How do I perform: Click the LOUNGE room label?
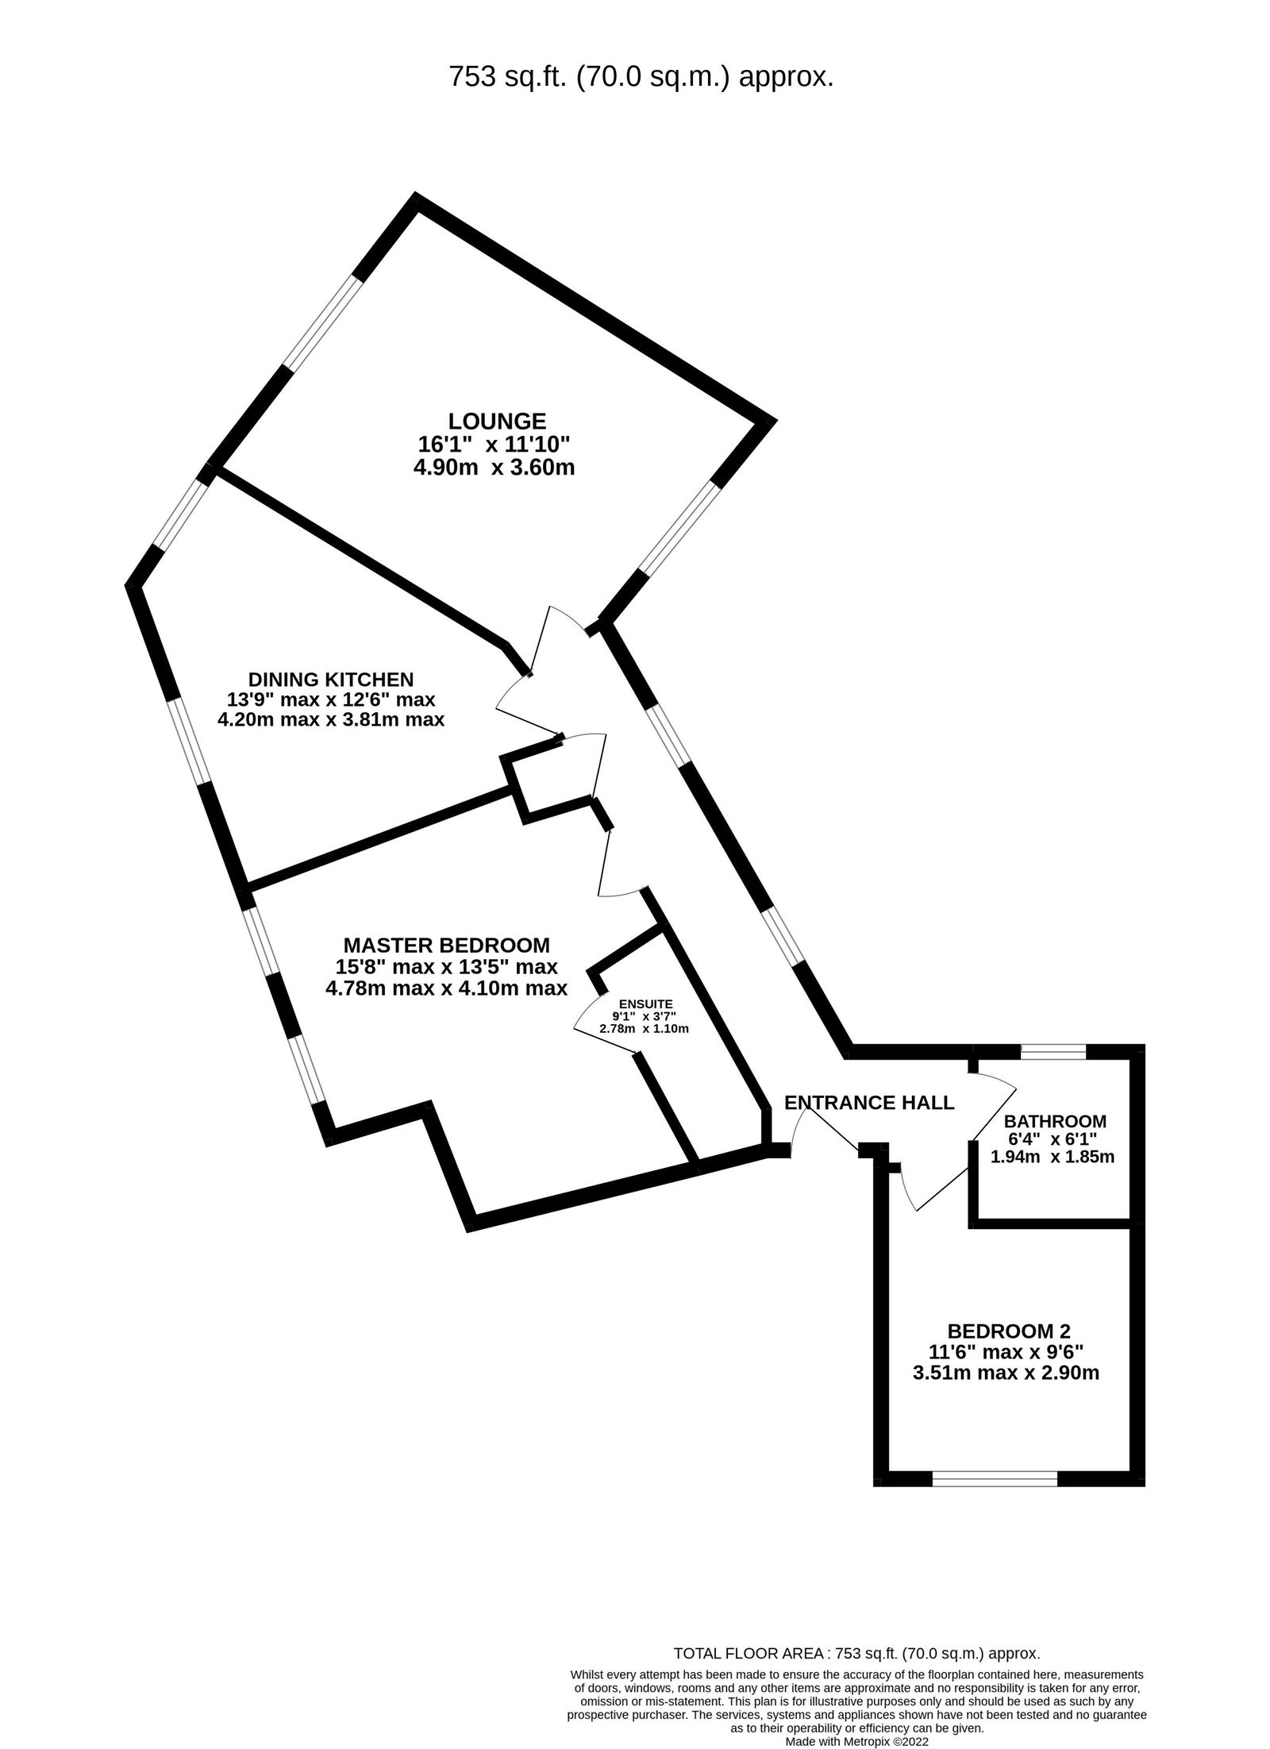coord(497,420)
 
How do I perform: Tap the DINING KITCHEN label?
coord(331,679)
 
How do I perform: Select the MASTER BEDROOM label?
coord(446,945)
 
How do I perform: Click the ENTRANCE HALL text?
coord(869,1102)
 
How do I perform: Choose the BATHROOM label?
coord(1055,1121)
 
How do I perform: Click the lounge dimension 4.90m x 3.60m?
coord(494,468)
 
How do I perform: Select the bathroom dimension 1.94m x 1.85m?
coord(1053,1157)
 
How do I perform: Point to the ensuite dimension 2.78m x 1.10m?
coord(644,1028)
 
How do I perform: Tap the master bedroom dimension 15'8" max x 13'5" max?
coord(446,967)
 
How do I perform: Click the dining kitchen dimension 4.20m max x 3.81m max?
coord(330,720)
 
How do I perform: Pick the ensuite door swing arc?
coord(586,1010)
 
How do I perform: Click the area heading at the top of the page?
coord(641,77)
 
